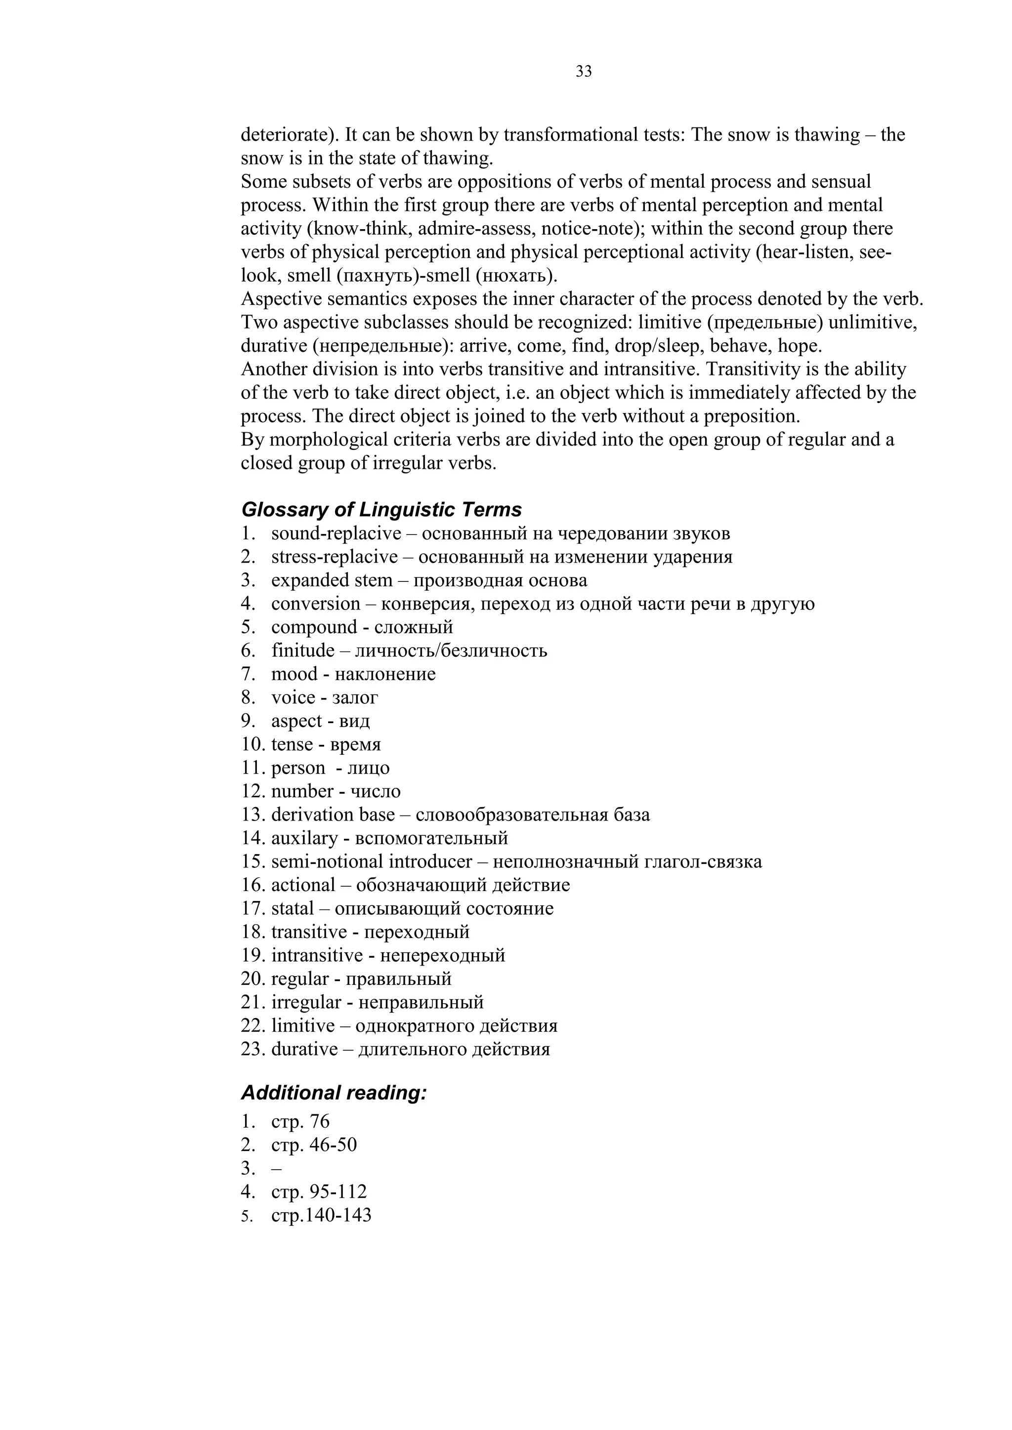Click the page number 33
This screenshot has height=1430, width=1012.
[x=583, y=72]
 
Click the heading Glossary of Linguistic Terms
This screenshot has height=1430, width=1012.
[x=381, y=509]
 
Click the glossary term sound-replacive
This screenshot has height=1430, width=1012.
[x=336, y=534]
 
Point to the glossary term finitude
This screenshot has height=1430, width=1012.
[x=303, y=651]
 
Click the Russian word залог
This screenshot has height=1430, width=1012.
[x=355, y=697]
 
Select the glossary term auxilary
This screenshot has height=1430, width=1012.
[x=304, y=838]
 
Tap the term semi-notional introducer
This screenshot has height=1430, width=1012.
[x=372, y=862]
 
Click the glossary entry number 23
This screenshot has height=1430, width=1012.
[x=253, y=1050]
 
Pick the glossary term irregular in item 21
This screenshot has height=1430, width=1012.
[x=306, y=1003]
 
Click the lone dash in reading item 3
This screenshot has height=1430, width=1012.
[x=276, y=1169]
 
